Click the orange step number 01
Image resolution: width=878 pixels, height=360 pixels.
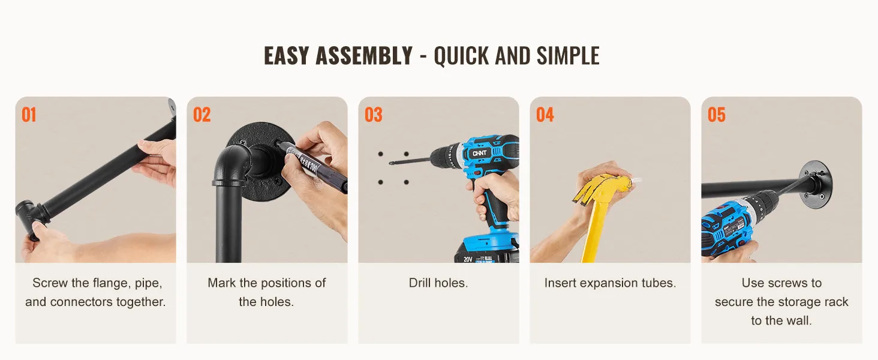(29, 115)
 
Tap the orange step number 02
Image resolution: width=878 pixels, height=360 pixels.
(202, 115)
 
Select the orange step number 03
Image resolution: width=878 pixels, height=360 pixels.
(373, 115)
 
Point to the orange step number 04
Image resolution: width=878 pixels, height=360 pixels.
(545, 115)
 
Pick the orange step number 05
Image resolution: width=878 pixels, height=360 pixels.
(717, 115)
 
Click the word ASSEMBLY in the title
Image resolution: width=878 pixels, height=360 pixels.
(364, 56)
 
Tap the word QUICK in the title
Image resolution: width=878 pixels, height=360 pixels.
(461, 56)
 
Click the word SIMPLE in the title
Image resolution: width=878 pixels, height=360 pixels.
(568, 56)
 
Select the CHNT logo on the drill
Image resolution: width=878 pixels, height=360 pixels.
(479, 153)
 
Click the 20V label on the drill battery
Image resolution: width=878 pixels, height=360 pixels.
(468, 259)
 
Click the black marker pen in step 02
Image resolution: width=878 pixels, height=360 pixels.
(312, 165)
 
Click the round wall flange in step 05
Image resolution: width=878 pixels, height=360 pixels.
(815, 184)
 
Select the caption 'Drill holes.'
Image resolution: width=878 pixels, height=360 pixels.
(438, 283)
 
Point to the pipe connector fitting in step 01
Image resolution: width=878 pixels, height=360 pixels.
(31, 218)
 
